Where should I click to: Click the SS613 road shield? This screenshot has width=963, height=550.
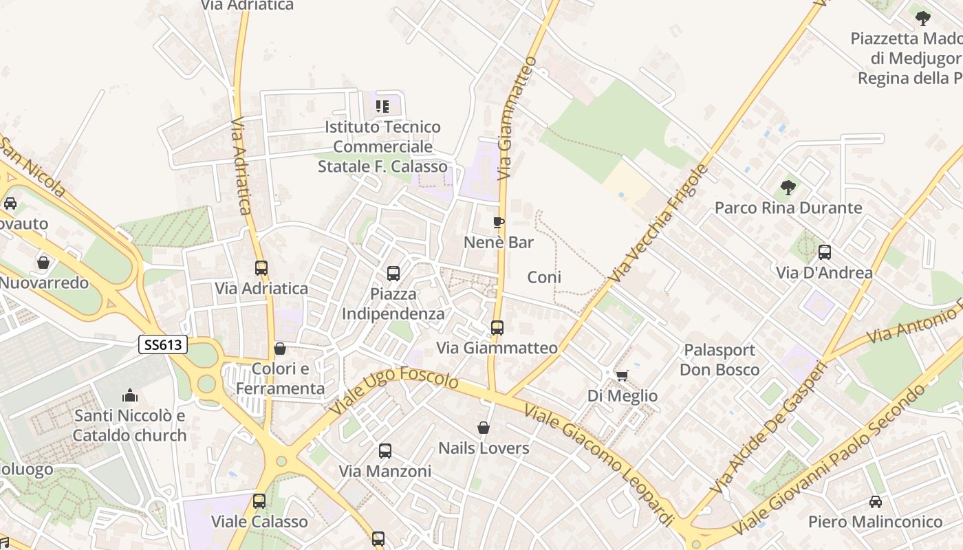point(163,344)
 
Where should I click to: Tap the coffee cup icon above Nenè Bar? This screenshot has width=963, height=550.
point(499,222)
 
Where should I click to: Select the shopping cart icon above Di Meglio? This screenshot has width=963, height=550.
point(622,375)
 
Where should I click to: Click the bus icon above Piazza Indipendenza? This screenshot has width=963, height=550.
point(393,274)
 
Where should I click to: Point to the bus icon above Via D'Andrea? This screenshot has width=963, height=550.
point(824,252)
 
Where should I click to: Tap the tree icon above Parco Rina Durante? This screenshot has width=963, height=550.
point(788,187)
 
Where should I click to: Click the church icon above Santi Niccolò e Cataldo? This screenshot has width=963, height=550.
point(129,395)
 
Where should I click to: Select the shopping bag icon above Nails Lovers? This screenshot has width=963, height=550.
point(484,428)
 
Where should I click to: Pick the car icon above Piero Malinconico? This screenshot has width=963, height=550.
point(875,501)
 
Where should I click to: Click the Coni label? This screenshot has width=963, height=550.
point(544,277)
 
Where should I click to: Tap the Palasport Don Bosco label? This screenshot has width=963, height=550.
point(719,360)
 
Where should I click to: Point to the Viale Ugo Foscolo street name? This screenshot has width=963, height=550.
point(394,393)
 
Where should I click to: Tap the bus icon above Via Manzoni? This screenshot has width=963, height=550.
point(385,451)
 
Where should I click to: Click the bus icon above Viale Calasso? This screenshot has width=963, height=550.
point(259,501)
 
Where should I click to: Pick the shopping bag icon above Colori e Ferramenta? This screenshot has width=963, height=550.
point(279,349)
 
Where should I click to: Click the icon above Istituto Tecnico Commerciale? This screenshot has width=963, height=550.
point(382,107)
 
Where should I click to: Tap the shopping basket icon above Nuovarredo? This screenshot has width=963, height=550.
point(43,263)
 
